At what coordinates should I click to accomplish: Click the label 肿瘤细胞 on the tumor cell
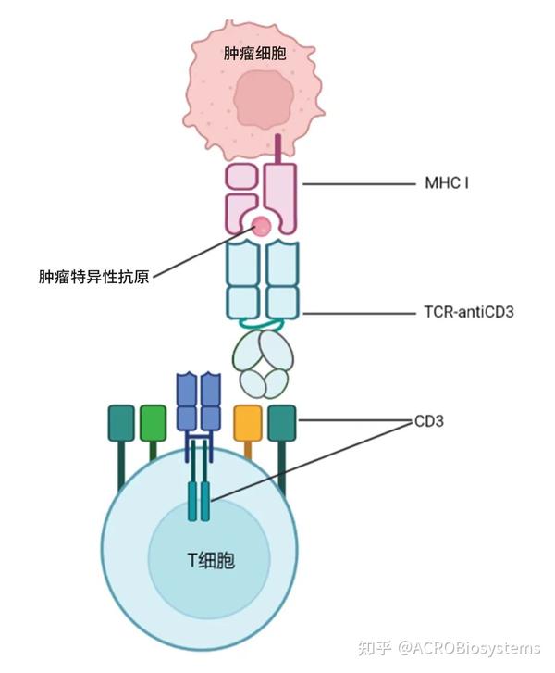click(x=254, y=53)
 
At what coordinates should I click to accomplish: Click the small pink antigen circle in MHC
click(x=263, y=225)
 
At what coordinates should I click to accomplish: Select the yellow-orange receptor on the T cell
click(x=248, y=421)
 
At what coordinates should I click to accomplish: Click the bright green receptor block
click(x=153, y=422)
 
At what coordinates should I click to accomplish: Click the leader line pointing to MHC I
click(x=356, y=184)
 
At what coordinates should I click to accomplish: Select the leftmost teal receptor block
click(x=122, y=422)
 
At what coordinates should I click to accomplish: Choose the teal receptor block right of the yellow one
click(x=281, y=421)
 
